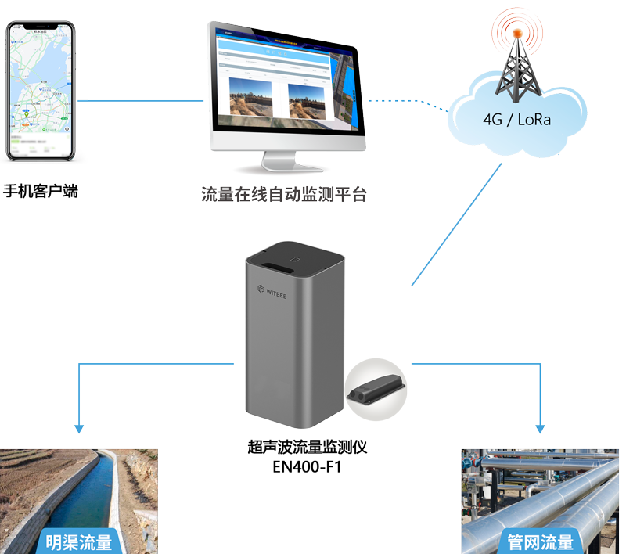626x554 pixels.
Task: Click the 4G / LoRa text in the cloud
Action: click(516, 120)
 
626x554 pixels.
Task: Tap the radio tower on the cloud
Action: click(516, 67)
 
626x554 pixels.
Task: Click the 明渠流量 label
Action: click(78, 541)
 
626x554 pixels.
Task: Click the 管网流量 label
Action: click(540, 541)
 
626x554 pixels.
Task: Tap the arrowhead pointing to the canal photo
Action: click(78, 427)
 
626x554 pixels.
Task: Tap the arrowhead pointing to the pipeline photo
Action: click(540, 427)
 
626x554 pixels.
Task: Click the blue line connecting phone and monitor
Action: click(141, 100)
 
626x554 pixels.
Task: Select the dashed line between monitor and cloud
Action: click(407, 101)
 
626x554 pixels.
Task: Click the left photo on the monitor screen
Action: click(250, 96)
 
